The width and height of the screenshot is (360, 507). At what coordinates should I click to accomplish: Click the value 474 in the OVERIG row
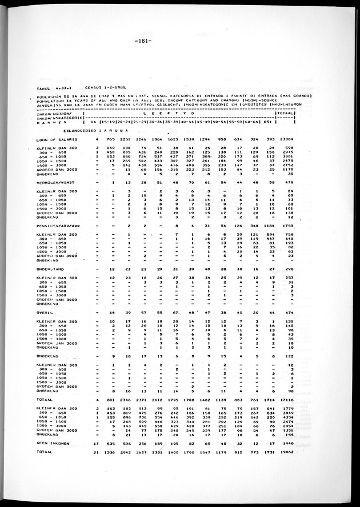point(288,313)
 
